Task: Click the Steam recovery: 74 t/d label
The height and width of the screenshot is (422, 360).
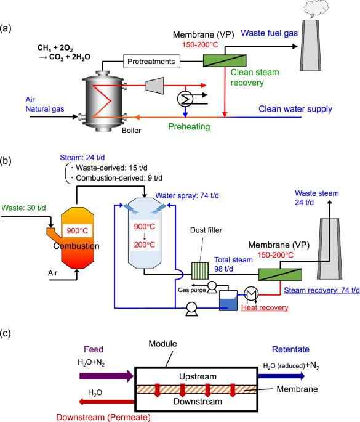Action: tap(319, 289)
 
